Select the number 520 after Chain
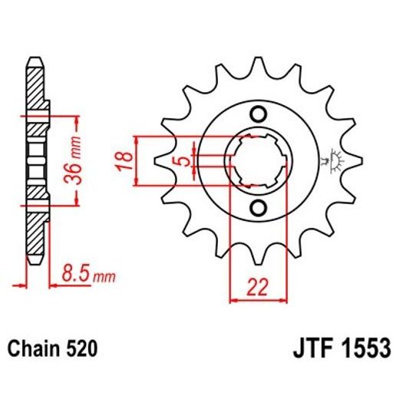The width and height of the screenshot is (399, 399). point(81,350)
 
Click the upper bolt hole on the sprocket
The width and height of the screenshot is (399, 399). point(259,115)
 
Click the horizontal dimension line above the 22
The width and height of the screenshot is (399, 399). point(258,300)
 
